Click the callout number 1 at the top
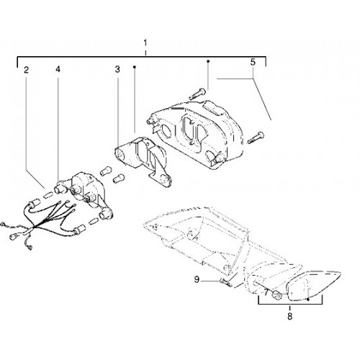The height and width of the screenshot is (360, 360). pyautogui.click(x=145, y=43)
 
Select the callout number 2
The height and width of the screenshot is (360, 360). pyautogui.click(x=26, y=70)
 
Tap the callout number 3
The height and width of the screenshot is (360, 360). pyautogui.click(x=117, y=70)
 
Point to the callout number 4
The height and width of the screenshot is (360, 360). pyautogui.click(x=58, y=69)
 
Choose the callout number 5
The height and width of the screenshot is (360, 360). pyautogui.click(x=253, y=62)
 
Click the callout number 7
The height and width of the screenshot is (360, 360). pyautogui.click(x=266, y=292)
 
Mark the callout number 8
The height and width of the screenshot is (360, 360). pyautogui.click(x=290, y=316)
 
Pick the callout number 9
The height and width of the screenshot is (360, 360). pyautogui.click(x=197, y=280)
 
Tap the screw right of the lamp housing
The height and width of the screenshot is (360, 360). pyautogui.click(x=256, y=138)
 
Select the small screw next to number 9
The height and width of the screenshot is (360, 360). pyautogui.click(x=225, y=282)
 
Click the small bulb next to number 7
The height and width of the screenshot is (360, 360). pyautogui.click(x=276, y=294)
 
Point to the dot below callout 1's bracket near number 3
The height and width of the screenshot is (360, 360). pyautogui.click(x=135, y=67)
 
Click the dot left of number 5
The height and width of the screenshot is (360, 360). pyautogui.click(x=208, y=61)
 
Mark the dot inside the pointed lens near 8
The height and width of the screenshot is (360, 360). pyautogui.click(x=308, y=300)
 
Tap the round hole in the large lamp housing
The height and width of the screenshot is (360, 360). pyautogui.click(x=166, y=130)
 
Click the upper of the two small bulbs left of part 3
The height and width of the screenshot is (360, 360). pyautogui.click(x=105, y=171)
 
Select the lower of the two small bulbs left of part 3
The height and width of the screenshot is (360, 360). pyautogui.click(x=118, y=179)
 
